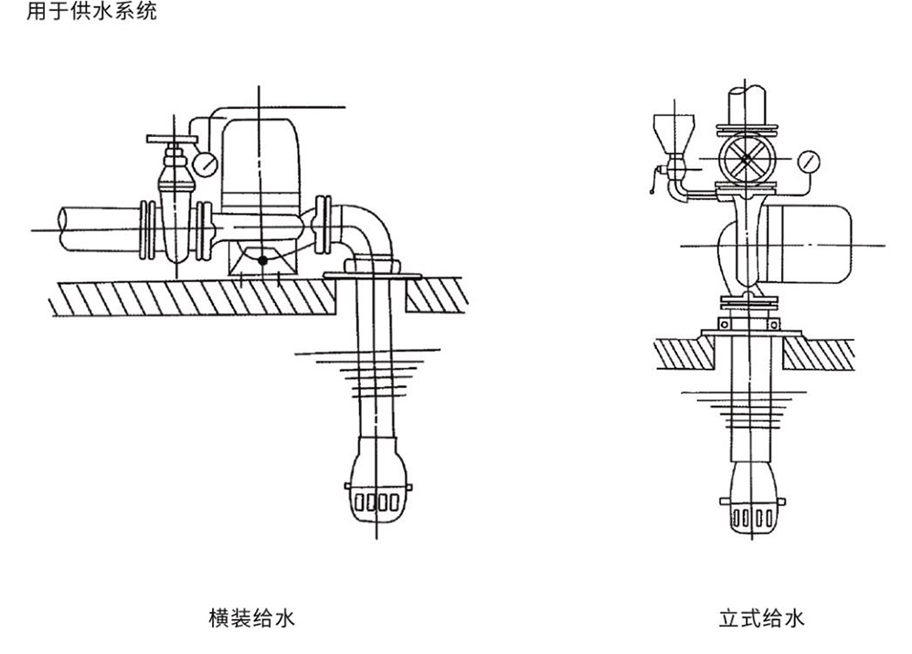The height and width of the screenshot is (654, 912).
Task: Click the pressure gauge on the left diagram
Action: point(207,164)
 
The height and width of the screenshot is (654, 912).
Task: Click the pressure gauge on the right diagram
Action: point(809,163)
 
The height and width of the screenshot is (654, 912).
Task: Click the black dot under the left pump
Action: point(262,260)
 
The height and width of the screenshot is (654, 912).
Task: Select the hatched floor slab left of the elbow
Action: point(183,296)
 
